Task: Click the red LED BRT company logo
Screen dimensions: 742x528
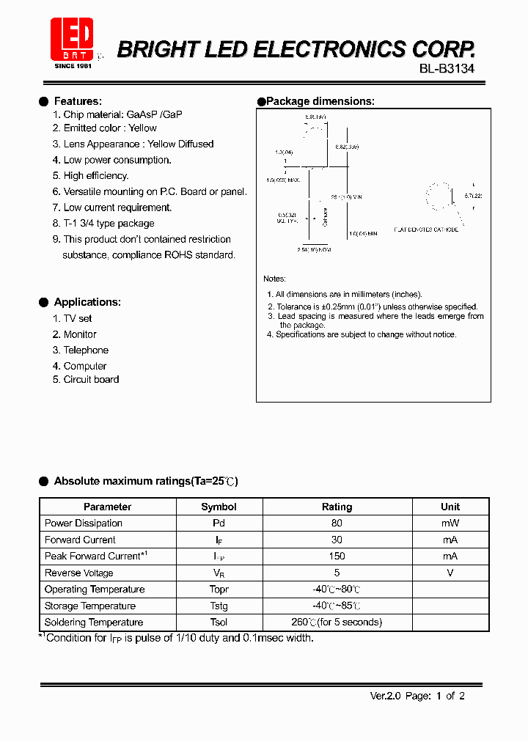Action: coord(71,39)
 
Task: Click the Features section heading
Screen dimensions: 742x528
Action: coord(78,101)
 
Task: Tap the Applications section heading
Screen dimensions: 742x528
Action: coord(87,302)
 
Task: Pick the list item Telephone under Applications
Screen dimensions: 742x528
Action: coord(85,350)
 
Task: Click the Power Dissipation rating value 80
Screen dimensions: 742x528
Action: coord(337,524)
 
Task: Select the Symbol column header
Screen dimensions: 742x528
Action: coord(219,507)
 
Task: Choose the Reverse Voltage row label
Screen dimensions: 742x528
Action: coord(78,573)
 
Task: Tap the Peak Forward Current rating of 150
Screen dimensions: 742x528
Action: coord(337,556)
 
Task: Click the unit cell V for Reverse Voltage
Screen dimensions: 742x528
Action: coord(450,573)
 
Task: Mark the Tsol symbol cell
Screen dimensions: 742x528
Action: coord(219,622)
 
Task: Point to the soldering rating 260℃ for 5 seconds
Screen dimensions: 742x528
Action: coord(337,622)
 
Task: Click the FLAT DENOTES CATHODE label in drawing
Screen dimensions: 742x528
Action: coord(426,229)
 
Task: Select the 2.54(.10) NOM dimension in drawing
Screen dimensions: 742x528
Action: coord(314,250)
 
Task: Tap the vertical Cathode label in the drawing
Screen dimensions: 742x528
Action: coord(325,216)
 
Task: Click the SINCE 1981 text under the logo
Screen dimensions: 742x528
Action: coord(73,65)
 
